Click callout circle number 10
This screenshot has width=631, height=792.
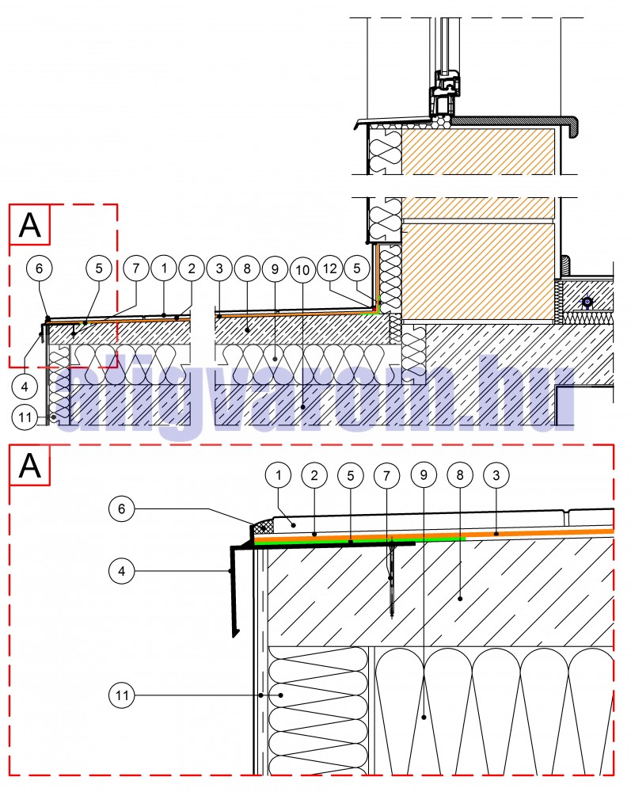(301, 268)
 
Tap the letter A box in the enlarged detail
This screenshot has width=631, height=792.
(30, 465)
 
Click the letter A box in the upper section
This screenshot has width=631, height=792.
(30, 225)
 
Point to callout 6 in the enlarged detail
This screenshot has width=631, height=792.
(123, 510)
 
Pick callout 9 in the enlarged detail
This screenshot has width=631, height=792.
(424, 475)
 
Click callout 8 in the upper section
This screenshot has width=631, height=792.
(247, 268)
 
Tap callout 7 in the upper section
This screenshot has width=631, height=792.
(136, 268)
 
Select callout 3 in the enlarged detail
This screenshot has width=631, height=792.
(496, 475)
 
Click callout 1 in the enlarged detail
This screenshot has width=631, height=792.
(278, 475)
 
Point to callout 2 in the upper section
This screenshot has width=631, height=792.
(191, 268)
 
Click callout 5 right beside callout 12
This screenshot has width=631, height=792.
(358, 268)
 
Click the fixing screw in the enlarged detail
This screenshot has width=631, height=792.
(392, 574)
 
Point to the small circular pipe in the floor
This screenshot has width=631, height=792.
(587, 302)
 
